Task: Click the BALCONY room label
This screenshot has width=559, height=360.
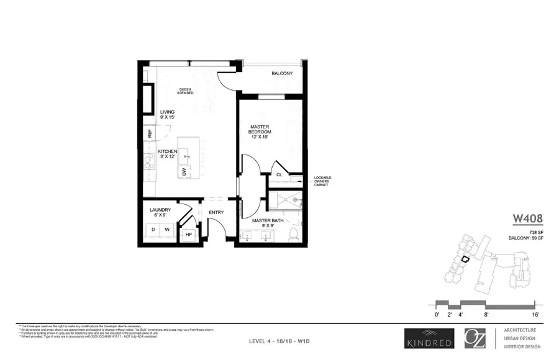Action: (x=281, y=73)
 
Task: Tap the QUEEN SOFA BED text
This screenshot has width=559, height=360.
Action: (x=186, y=91)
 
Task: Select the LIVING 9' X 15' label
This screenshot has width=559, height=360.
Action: (x=167, y=115)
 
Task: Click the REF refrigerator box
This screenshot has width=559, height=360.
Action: (x=150, y=133)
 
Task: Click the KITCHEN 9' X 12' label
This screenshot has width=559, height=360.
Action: (x=168, y=155)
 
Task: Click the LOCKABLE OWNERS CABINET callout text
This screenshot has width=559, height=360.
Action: (x=322, y=181)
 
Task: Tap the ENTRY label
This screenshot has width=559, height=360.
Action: (x=216, y=213)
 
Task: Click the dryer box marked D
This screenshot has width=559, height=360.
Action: (x=153, y=230)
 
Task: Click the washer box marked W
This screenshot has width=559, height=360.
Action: (x=166, y=230)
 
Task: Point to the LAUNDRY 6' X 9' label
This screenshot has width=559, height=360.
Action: (x=160, y=213)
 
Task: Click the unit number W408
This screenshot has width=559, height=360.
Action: (x=527, y=218)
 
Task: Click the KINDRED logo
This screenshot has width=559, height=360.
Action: (x=424, y=339)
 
